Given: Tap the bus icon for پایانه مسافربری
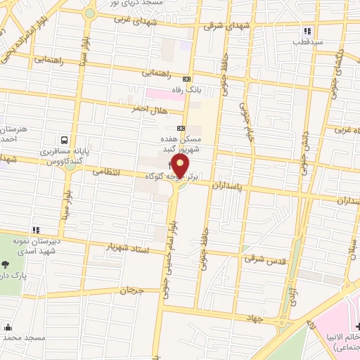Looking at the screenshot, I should click(65, 140).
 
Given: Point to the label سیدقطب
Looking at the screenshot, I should click(307, 41).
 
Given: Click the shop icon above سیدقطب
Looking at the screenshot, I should click(307, 31).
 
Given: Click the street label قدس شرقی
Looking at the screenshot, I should click(266, 259).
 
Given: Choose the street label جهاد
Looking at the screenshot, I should click(255, 319).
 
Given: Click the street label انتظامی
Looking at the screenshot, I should click(107, 172).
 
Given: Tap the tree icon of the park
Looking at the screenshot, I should click(6, 265).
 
